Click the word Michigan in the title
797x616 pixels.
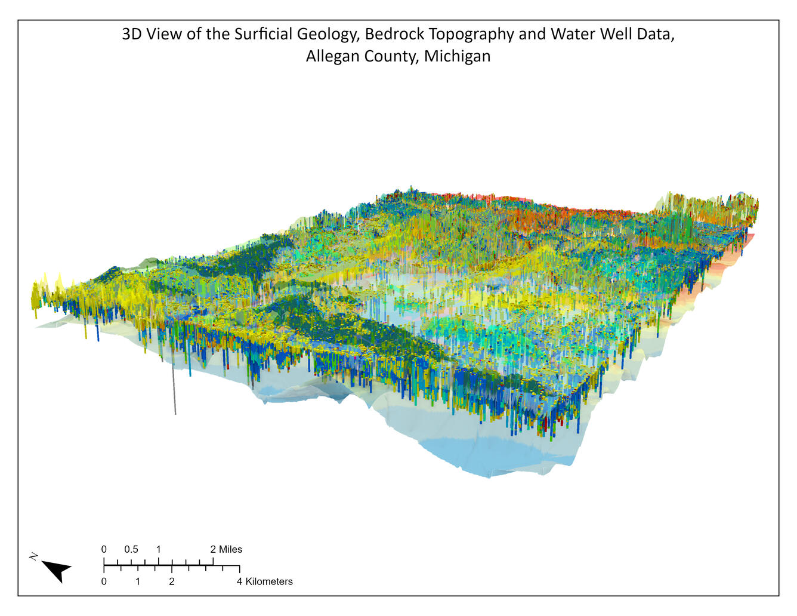(x=458, y=57)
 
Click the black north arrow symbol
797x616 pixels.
(x=57, y=571)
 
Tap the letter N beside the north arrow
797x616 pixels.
(x=34, y=556)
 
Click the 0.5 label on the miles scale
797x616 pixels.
(x=131, y=549)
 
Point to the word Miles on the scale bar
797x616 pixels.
(x=230, y=549)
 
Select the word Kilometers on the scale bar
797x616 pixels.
(x=269, y=581)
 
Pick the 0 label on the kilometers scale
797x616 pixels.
(x=104, y=581)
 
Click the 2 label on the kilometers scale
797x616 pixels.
(x=172, y=581)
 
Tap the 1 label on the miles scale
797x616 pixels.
(x=158, y=549)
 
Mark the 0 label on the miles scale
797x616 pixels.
(x=104, y=549)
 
